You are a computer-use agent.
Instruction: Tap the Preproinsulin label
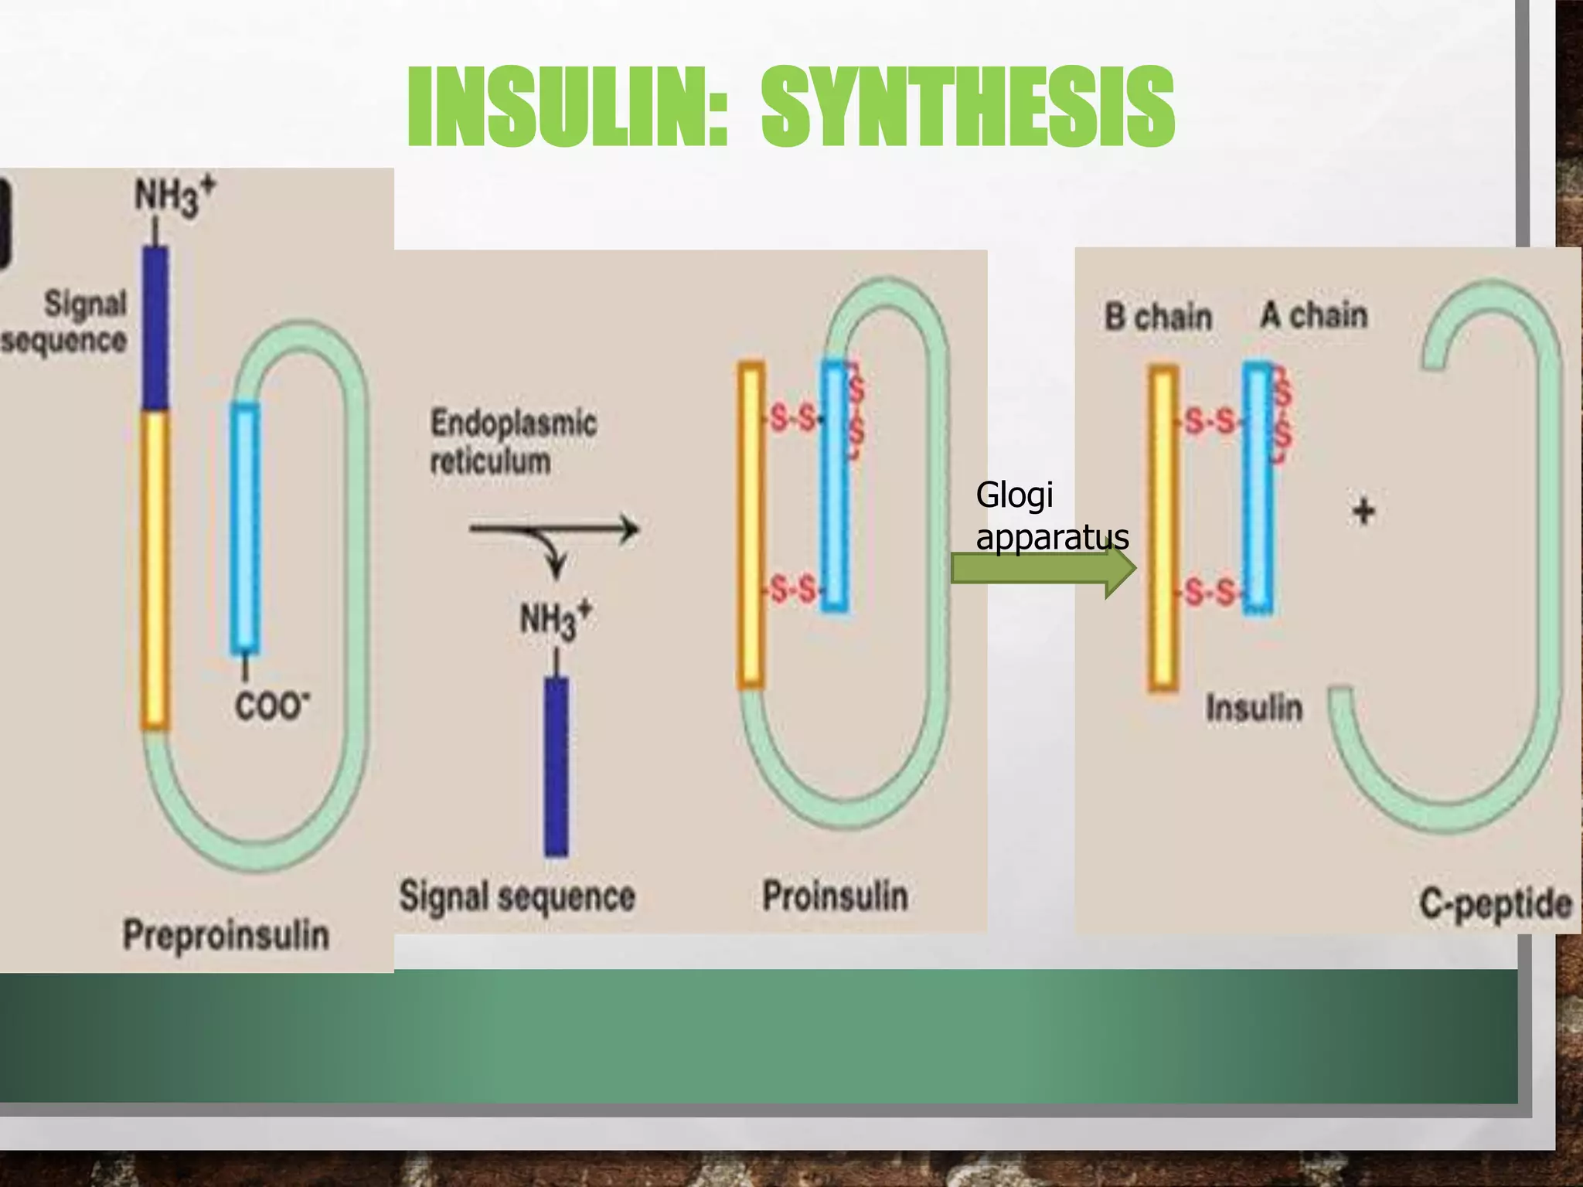pos(226,935)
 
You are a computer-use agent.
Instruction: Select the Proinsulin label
pos(835,896)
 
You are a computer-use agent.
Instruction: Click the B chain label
pos(1158,317)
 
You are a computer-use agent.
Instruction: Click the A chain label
pos(1314,315)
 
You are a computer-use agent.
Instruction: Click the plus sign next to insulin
pos(1363,511)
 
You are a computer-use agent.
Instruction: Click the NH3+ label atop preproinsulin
pos(175,196)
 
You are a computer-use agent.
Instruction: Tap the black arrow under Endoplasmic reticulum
pos(553,530)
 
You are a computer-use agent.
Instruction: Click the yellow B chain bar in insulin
pos(1163,529)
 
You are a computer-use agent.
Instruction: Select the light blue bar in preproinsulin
pos(246,529)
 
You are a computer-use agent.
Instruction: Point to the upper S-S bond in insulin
pos(1210,422)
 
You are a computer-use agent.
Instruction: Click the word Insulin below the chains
pos(1254,708)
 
